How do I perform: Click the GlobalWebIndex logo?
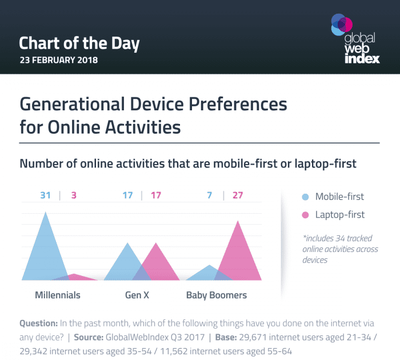pyautogui.click(x=355, y=38)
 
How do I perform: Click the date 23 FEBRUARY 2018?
pyautogui.click(x=58, y=59)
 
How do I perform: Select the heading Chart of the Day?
pyautogui.click(x=79, y=43)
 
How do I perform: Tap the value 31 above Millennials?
pyautogui.click(x=46, y=195)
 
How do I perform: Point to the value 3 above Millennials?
pyautogui.click(x=74, y=195)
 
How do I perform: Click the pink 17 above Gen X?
pyautogui.click(x=155, y=195)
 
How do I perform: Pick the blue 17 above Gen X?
pyautogui.click(x=127, y=195)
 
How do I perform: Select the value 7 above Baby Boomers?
pyautogui.click(x=210, y=195)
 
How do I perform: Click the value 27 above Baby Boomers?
pyautogui.click(x=238, y=195)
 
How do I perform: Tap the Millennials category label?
pyautogui.click(x=58, y=295)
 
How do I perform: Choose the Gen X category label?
pyautogui.click(x=137, y=295)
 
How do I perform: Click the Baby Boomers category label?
pyautogui.click(x=217, y=295)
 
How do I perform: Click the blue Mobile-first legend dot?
pyautogui.click(x=305, y=197)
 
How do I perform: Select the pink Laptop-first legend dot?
pyautogui.click(x=305, y=215)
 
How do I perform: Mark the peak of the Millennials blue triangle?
pyautogui.click(x=46, y=213)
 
